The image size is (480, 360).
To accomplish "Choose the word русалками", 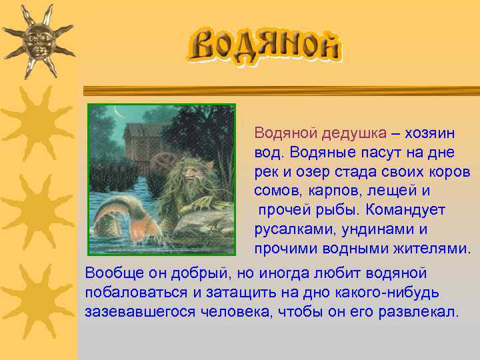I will [x=287, y=229].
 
